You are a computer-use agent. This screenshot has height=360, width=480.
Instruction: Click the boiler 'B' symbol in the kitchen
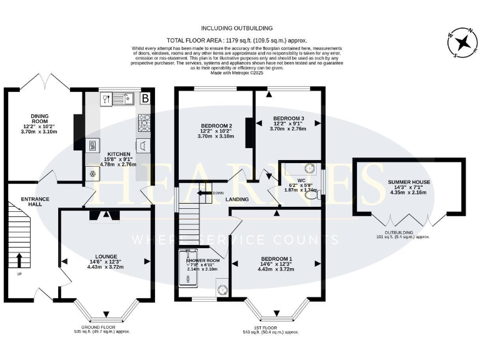[x=145, y=98]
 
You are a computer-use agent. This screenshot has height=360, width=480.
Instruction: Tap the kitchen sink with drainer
[x=124, y=98]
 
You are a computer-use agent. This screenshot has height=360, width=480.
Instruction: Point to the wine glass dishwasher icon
[x=105, y=98]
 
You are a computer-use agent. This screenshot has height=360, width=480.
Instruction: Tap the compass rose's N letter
[x=472, y=32]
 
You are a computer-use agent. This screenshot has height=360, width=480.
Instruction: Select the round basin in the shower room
[x=221, y=288]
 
